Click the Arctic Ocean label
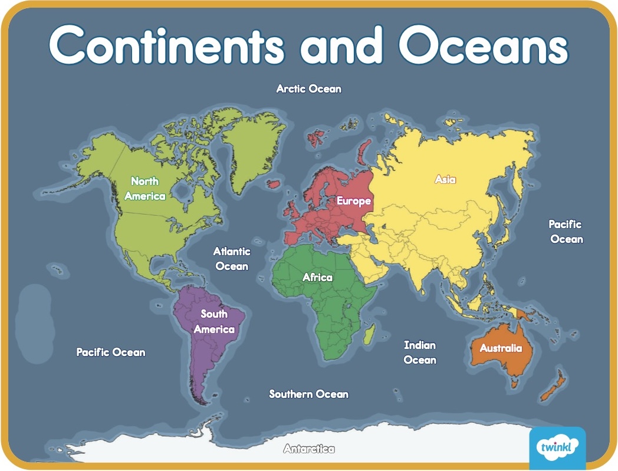pyautogui.click(x=308, y=89)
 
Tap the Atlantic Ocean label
pyautogui.click(x=232, y=258)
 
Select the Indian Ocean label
pyautogui.click(x=420, y=352)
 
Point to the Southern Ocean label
pyautogui.click(x=308, y=394)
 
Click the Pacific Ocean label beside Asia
pyautogui.click(x=566, y=231)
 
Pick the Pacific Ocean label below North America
pyautogui.click(x=110, y=352)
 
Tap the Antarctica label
pyautogui.click(x=308, y=449)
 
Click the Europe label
pyautogui.click(x=354, y=201)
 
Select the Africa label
pyautogui.click(x=317, y=277)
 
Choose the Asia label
pyautogui.click(x=445, y=179)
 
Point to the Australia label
pyautogui.click(x=501, y=348)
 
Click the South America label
pyautogui.click(x=214, y=321)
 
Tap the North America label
pyautogui.click(x=144, y=188)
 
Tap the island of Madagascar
pyautogui.click(x=369, y=337)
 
